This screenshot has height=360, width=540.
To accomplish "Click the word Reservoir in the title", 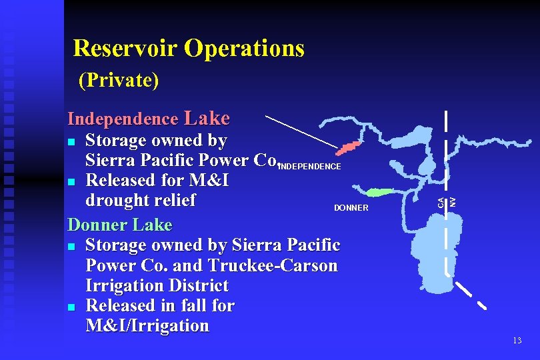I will click(x=126, y=49).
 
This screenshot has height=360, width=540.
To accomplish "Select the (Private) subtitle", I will click(x=119, y=81).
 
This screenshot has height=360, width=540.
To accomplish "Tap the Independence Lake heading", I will click(x=149, y=119).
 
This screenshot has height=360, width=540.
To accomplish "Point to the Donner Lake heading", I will click(x=120, y=224).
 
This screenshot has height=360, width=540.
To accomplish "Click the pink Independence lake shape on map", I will click(x=349, y=147).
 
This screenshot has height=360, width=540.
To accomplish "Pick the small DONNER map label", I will click(x=351, y=208).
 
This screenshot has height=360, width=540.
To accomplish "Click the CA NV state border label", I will click(x=446, y=200).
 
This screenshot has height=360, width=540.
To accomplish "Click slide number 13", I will click(x=517, y=341).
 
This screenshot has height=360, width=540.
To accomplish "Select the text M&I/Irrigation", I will click(x=147, y=325).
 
